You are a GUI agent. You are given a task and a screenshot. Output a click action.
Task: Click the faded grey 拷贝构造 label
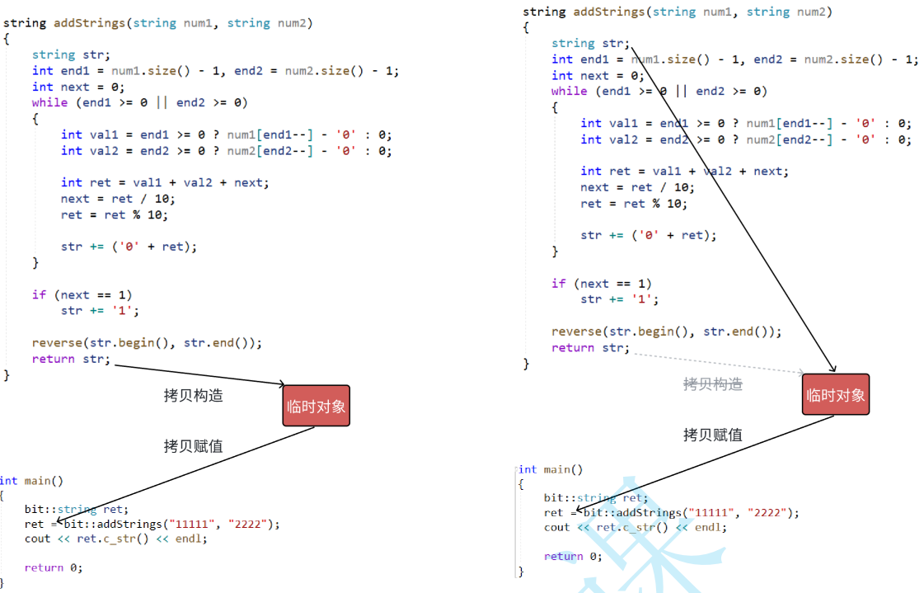click(712, 384)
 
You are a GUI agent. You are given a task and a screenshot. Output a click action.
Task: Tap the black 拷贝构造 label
click(193, 395)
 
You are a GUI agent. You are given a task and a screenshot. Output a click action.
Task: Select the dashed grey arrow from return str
click(717, 364)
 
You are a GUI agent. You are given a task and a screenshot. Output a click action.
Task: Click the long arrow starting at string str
click(734, 206)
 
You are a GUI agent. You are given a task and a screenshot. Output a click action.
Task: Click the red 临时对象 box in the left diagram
click(316, 406)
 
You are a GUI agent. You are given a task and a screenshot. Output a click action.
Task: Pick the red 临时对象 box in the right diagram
click(836, 394)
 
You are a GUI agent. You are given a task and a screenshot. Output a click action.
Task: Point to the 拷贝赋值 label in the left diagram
click(193, 446)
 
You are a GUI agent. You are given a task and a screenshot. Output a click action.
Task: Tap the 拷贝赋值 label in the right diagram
click(712, 435)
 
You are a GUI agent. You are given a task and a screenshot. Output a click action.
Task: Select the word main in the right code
click(556, 469)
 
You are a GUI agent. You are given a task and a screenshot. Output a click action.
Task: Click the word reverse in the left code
click(57, 343)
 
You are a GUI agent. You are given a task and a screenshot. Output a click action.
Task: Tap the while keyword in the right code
click(570, 92)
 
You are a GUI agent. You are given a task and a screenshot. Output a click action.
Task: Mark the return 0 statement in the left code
click(54, 567)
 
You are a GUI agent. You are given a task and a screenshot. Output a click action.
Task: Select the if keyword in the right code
click(559, 284)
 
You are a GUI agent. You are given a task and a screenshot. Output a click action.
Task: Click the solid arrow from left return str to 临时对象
click(198, 374)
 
